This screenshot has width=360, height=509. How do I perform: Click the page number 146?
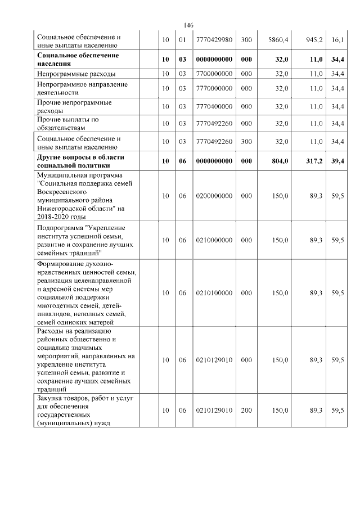(x=188, y=26)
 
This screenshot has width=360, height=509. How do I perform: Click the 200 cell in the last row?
(x=246, y=411)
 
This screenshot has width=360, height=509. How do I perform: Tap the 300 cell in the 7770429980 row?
(x=246, y=40)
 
